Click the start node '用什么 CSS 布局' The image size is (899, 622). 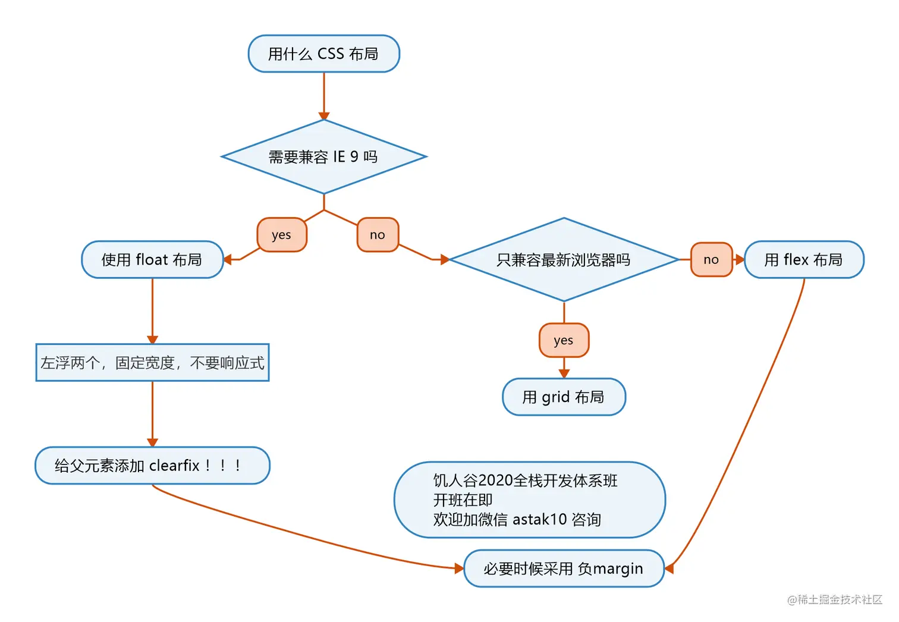coord(324,54)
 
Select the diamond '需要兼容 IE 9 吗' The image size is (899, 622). coord(324,157)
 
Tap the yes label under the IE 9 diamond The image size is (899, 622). coord(282,235)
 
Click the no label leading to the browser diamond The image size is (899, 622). coord(378,235)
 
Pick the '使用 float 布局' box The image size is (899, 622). coord(152,260)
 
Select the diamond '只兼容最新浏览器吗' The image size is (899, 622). coord(564,260)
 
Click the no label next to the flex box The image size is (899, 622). coord(711,260)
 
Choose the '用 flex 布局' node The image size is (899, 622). coord(804,260)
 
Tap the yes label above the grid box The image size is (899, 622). coord(564,341)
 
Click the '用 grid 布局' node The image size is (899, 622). coord(564,397)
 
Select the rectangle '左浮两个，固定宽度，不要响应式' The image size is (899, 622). coord(152,363)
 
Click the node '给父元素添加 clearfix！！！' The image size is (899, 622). coord(152,466)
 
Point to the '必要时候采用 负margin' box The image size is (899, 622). coord(564,569)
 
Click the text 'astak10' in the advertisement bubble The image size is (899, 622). coord(539,520)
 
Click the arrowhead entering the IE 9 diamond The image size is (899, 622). coord(324,116)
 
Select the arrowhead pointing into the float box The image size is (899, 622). coord(228,260)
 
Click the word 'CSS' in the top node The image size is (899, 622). coord(331,54)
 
